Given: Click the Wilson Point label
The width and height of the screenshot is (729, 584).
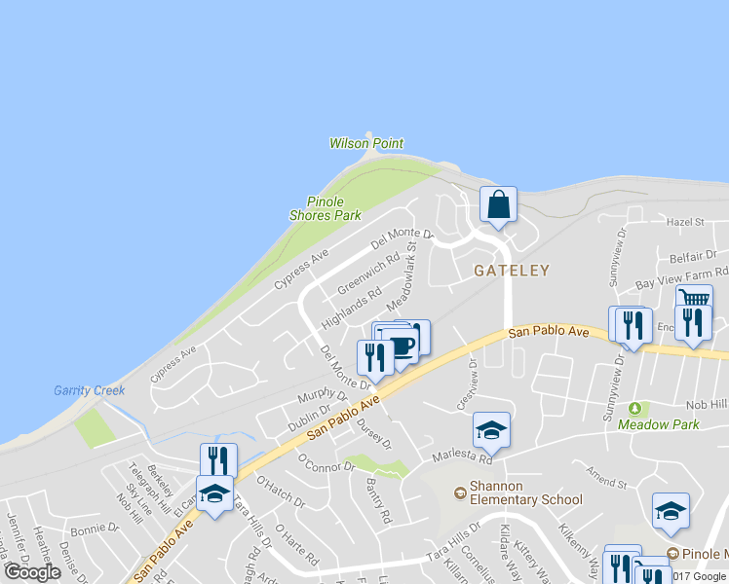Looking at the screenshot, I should (365, 143).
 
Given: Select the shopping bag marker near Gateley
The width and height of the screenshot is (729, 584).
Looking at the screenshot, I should (498, 205).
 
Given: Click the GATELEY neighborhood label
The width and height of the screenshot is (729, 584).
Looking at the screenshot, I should (512, 271).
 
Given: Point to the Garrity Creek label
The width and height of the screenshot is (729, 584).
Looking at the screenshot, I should (89, 390).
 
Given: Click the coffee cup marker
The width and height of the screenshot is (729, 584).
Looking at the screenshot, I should (401, 344).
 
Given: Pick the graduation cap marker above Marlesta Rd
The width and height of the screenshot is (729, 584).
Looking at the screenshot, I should (492, 430).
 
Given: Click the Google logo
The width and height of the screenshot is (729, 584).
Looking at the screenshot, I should (32, 572).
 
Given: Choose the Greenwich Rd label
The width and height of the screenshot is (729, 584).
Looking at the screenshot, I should (369, 274).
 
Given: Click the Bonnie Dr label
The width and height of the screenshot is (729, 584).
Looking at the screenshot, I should (94, 529).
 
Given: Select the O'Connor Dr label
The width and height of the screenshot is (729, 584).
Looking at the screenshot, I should (326, 461).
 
